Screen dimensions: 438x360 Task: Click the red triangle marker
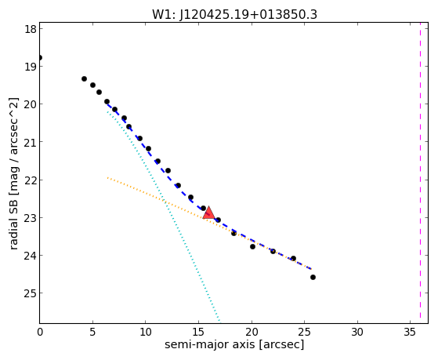tap(209, 213)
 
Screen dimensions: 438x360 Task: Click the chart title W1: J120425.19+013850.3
tap(234, 14)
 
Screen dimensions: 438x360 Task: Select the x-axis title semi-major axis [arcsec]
tap(234, 344)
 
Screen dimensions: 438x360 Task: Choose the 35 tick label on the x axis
tap(410, 332)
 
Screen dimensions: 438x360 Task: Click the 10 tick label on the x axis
tap(146, 332)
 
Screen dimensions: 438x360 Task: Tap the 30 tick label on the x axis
tap(357, 332)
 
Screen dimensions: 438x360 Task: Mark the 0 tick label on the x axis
tap(40, 332)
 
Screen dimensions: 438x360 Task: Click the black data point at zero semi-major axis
tap(40, 57)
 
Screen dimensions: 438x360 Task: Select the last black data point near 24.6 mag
tap(313, 277)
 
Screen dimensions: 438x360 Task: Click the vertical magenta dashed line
tap(420, 173)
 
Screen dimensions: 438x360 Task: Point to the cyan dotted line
tap(164, 216)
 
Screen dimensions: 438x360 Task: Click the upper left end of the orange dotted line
tap(107, 177)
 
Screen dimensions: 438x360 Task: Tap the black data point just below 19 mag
tap(84, 79)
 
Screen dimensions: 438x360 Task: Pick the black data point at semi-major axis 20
tap(252, 247)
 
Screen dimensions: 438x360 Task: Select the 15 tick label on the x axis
tap(198, 332)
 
